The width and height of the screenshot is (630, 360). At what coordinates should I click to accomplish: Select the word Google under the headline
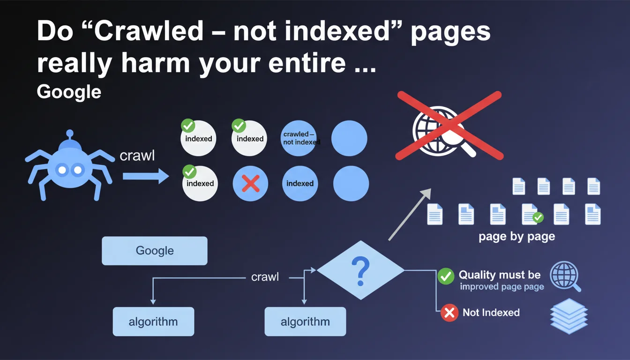click(69, 91)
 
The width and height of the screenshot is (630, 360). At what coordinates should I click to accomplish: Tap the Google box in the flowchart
click(155, 251)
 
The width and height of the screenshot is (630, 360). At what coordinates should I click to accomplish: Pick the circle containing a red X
click(250, 184)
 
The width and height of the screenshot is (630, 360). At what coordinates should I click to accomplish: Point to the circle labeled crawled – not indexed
click(300, 138)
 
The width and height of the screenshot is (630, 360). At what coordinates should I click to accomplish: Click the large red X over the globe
click(449, 126)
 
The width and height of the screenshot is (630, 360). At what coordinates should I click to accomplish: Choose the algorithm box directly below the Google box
click(153, 322)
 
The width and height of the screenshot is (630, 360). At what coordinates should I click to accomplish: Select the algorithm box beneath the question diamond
click(305, 322)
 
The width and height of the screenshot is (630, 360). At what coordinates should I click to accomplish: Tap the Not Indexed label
click(491, 313)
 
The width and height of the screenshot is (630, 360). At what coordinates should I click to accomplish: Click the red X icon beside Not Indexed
click(449, 313)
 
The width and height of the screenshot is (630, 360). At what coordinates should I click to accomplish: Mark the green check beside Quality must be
click(446, 276)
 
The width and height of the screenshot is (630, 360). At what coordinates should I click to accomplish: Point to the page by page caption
click(517, 237)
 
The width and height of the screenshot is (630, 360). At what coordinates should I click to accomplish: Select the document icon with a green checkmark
click(532, 215)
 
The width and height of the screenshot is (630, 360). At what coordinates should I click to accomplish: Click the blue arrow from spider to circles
click(145, 177)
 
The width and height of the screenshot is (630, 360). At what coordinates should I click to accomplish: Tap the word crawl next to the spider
click(137, 156)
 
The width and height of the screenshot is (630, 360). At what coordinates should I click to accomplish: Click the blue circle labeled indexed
click(300, 184)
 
